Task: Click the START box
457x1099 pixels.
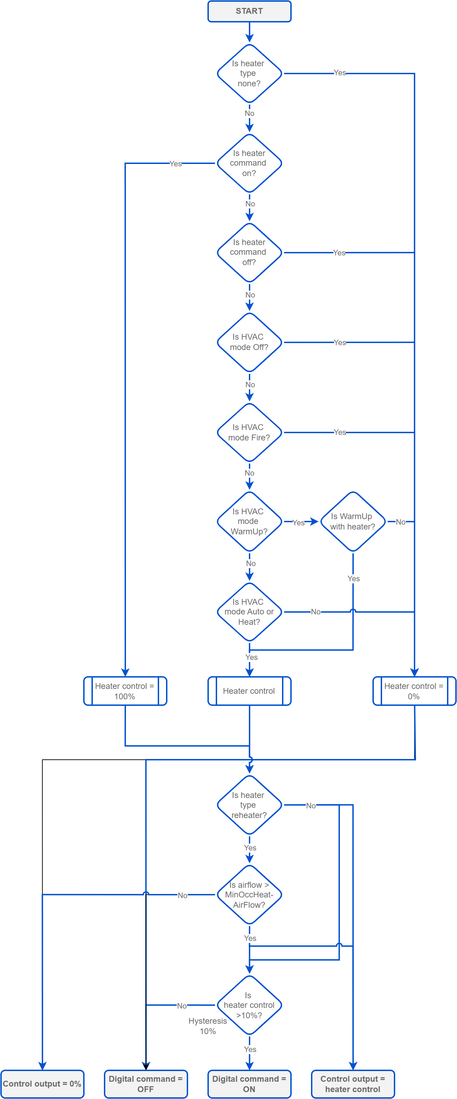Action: [249, 11]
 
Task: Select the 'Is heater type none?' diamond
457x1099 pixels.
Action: [249, 74]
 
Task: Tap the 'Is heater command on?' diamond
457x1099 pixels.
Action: [249, 163]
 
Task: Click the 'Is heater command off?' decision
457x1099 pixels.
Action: [249, 252]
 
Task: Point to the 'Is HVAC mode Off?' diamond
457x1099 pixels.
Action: [249, 342]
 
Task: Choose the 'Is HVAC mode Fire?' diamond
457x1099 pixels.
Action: [249, 432]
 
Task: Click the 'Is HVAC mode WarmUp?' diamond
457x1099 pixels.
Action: [249, 521]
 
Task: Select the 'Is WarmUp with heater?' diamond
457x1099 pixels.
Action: [352, 521]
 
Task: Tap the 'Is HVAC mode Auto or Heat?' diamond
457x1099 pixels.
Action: [249, 612]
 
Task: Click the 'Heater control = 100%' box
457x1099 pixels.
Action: [125, 691]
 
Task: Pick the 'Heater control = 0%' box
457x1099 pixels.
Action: [414, 691]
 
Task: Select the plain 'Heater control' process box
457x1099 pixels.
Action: [249, 691]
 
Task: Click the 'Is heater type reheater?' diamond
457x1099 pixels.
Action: [249, 805]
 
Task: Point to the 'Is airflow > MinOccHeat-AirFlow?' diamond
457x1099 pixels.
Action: [249, 895]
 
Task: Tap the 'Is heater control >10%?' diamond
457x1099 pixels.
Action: [249, 1005]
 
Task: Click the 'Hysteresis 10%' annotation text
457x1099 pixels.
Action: [208, 1026]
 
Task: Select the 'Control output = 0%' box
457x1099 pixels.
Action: [42, 1084]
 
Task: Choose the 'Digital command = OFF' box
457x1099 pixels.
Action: [146, 1084]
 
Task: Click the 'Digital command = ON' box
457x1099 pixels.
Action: [249, 1084]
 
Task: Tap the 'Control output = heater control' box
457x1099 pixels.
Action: [352, 1084]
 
